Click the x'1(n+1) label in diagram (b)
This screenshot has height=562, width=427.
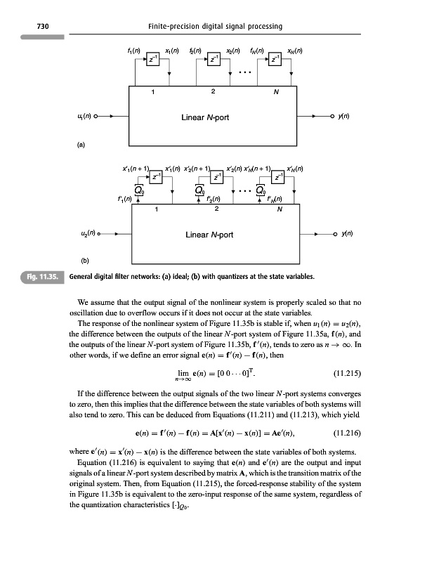point(133,169)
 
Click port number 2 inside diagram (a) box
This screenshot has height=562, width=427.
point(213,91)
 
